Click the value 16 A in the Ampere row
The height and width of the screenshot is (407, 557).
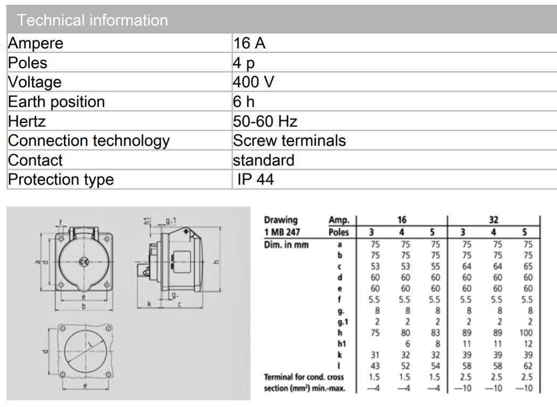point(249,43)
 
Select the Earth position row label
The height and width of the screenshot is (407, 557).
point(56,102)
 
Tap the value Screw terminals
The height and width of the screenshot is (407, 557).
point(289,140)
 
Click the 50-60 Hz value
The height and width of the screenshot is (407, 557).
point(265,121)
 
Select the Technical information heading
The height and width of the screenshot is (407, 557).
point(93,20)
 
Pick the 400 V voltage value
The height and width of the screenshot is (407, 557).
point(253,82)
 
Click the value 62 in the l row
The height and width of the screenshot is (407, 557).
point(527,366)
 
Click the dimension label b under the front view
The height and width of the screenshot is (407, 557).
point(84,306)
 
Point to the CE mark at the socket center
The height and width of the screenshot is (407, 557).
point(82,261)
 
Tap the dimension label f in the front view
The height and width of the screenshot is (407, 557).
point(61,222)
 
